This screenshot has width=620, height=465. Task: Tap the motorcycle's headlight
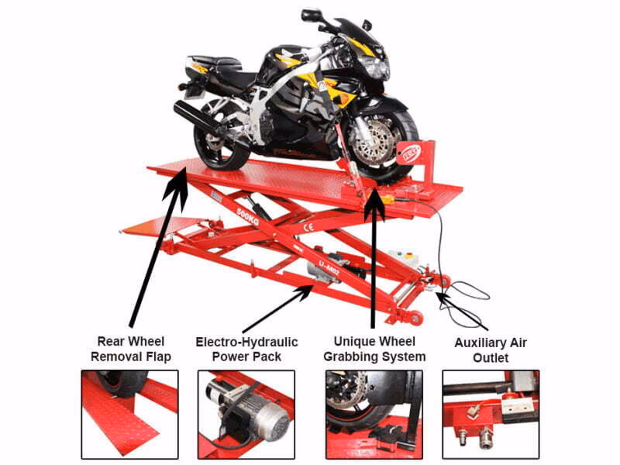(374, 66)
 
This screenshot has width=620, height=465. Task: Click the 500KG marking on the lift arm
(248, 217)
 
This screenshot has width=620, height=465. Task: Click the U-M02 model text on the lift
(329, 266)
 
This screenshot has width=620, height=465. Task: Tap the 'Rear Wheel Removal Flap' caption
(131, 349)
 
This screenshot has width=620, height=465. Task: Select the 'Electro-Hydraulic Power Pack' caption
(246, 349)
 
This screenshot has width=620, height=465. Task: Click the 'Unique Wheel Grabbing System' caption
(374, 349)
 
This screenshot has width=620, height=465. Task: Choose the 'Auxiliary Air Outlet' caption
(491, 350)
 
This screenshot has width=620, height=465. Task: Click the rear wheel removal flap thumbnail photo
(129, 415)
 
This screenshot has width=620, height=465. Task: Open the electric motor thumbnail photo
(246, 415)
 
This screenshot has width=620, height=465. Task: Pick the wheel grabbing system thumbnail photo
(374, 415)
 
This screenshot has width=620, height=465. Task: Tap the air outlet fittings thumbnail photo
(491, 415)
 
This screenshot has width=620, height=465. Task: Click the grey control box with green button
(402, 260)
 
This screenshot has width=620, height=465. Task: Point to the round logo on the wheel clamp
(404, 151)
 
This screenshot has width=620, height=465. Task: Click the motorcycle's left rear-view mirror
(311, 15)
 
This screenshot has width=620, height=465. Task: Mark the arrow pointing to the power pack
(277, 309)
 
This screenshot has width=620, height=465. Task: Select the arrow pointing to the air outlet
(462, 311)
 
